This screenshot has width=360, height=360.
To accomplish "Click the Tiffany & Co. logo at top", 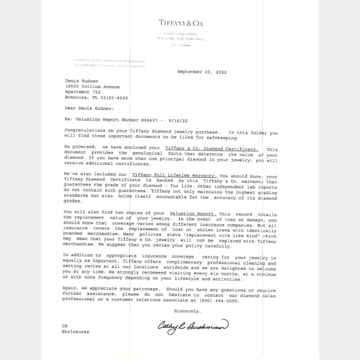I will click(x=181, y=23).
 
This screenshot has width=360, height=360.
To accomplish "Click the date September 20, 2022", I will click(x=202, y=72).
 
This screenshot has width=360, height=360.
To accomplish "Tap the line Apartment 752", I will click(x=83, y=92).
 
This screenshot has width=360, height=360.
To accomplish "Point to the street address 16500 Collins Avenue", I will click(x=92, y=87).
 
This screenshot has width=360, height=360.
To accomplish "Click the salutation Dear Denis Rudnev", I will click(x=89, y=108).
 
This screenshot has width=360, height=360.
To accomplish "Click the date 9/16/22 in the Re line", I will click(x=178, y=121).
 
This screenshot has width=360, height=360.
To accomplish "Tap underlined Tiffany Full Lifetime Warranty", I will click(x=174, y=175).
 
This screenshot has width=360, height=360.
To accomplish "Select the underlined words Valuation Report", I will click(x=193, y=213).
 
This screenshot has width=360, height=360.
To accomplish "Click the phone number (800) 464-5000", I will click(x=219, y=301).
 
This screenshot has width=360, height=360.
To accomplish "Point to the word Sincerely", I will click(x=187, y=311).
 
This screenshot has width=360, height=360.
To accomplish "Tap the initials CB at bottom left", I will click(x=65, y=326).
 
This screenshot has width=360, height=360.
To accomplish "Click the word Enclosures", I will click(x=75, y=332).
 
